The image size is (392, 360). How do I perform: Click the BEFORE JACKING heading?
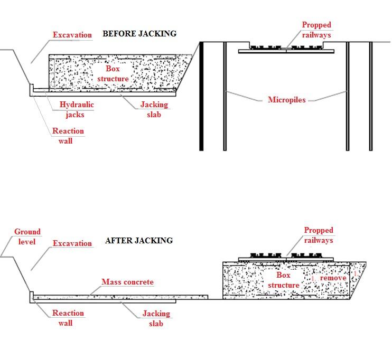click(139, 34)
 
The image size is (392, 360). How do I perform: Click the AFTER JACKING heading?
click(139, 241)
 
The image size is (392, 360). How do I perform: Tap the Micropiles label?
click(286, 99)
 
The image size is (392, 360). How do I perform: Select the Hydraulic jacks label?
click(77, 109)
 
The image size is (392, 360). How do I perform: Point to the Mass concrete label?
click(127, 282)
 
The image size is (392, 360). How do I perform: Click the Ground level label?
click(27, 236)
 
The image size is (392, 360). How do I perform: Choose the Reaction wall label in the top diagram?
click(68, 136)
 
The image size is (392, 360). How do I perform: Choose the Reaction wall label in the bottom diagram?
click(68, 318)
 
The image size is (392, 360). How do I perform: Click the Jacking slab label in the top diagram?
click(154, 109)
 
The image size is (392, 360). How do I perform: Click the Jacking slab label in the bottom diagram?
click(156, 318)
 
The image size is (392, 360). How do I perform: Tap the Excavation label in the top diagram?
click(72, 35)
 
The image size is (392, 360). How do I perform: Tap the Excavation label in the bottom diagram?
click(72, 243)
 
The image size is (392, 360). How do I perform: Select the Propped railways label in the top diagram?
click(316, 30)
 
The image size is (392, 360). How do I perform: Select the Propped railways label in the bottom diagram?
click(319, 235)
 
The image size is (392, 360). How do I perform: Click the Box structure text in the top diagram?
click(113, 74)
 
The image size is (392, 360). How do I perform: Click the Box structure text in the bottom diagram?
click(284, 280)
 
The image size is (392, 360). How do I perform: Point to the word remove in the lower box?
click(333, 278)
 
